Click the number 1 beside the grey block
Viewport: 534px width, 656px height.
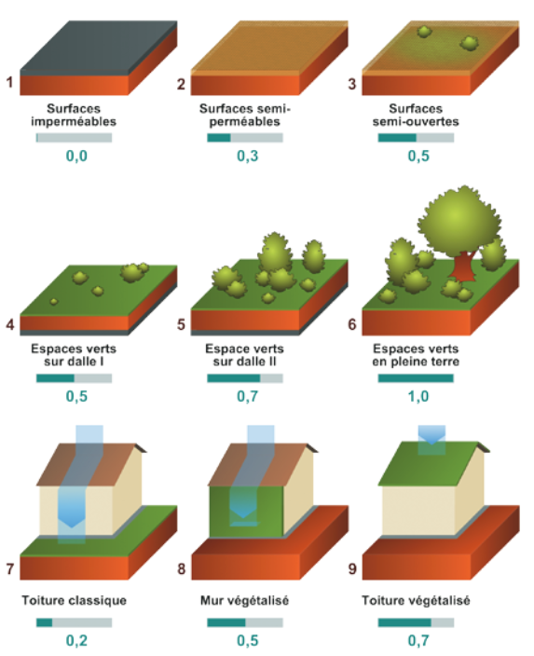coord(9,82)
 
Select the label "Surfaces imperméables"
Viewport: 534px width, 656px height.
coord(74,115)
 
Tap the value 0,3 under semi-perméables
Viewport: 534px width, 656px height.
coord(248,156)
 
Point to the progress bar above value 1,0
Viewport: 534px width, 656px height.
coord(416,378)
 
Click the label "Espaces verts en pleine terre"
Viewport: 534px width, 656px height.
coord(416,355)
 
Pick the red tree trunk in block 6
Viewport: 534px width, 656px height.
coord(462,266)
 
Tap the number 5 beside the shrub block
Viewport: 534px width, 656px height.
coord(181,324)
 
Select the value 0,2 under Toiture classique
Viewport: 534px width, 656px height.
coord(76,640)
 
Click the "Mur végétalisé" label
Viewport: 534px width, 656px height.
coord(245,601)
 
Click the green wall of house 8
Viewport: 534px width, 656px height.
coord(246,512)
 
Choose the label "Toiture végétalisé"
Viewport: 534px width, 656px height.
coord(416,601)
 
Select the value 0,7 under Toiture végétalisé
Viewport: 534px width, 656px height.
coord(418,640)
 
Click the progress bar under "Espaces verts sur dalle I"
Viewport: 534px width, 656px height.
coord(74,378)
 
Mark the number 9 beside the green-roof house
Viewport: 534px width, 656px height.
coord(352,568)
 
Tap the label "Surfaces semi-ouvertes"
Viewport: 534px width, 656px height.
coord(416,115)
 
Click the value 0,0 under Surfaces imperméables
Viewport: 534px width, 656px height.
coord(76,156)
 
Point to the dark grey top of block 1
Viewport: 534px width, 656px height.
coord(99,45)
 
